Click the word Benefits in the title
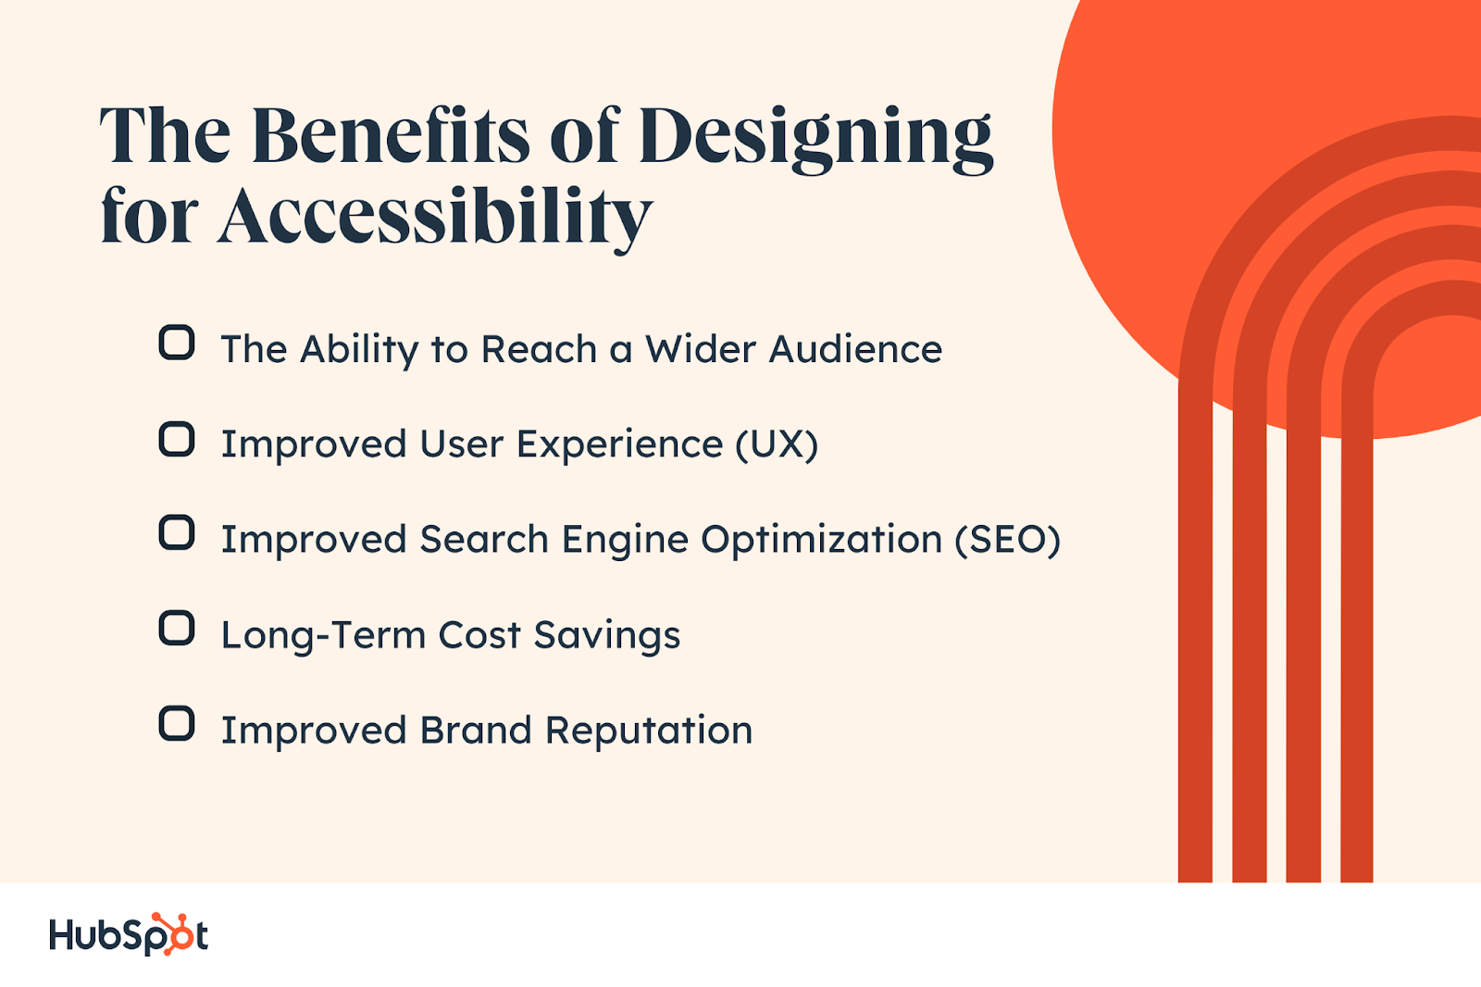(390, 135)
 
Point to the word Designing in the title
(815, 139)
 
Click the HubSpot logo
(129, 934)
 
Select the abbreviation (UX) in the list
(777, 444)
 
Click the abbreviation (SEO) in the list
(1008, 539)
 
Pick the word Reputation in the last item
(649, 731)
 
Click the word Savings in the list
(607, 636)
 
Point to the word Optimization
(821, 540)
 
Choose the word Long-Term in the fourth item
(323, 635)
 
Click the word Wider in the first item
(700, 349)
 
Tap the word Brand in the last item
(476, 731)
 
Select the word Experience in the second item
(619, 444)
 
